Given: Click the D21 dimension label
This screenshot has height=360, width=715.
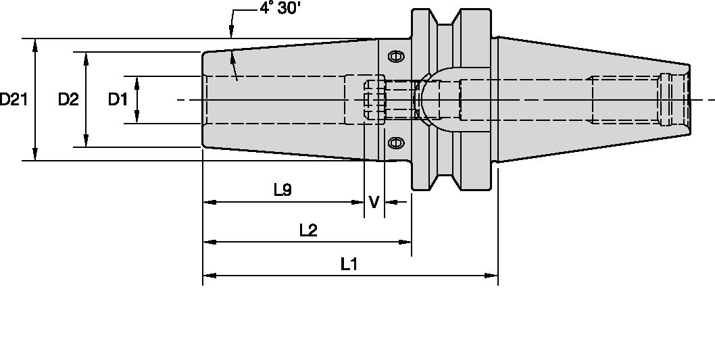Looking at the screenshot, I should point(14,100).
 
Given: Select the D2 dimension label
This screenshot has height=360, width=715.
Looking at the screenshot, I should point(68,100).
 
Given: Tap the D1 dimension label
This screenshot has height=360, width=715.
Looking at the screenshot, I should point(118,100).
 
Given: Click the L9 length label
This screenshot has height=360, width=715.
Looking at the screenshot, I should point(282,190).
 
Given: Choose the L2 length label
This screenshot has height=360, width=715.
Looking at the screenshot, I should point(307,230).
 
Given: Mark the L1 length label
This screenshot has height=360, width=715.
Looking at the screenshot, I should point(349,264).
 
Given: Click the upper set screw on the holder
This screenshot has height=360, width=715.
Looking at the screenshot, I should point(397,57).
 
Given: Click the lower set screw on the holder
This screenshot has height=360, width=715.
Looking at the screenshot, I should point(397,143).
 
